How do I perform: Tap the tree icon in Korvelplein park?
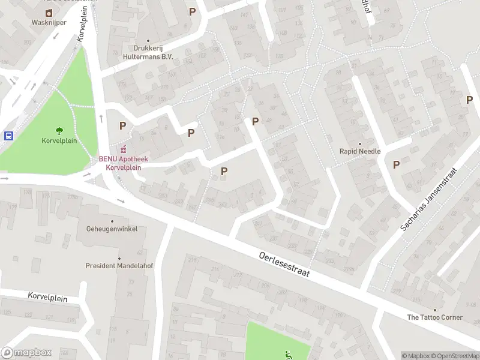click(59, 130)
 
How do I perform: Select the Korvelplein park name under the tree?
click(59, 140)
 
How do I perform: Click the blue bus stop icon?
click(9, 136)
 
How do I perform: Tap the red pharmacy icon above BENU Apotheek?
click(124, 149)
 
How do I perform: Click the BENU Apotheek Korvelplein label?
click(123, 163)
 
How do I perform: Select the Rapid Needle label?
click(360, 151)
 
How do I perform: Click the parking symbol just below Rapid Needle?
click(396, 164)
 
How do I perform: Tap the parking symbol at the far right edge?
click(469, 100)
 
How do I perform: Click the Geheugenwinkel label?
click(112, 229)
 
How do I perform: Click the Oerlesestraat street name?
click(284, 264)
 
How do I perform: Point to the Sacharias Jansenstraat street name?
click(428, 200)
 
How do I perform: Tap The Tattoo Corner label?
click(435, 317)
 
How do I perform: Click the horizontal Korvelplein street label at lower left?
click(47, 296)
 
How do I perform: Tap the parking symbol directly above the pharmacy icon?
click(123, 126)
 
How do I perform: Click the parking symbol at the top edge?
click(193, 11)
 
